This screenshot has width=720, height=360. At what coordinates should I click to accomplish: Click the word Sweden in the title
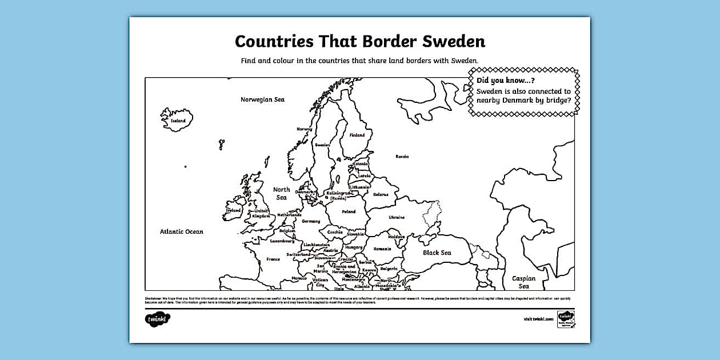click(x=452, y=41)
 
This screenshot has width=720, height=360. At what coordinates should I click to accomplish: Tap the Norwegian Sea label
click(x=262, y=99)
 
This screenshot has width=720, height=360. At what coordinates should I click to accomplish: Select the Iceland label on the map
click(x=178, y=121)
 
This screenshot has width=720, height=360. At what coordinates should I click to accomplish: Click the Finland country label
click(x=357, y=135)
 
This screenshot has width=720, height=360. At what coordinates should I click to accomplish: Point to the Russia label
click(x=402, y=156)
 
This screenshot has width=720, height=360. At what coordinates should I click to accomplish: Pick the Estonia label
click(x=361, y=164)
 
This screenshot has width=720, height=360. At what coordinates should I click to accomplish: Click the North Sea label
click(x=281, y=193)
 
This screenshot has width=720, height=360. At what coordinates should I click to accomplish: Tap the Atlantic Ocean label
click(x=181, y=231)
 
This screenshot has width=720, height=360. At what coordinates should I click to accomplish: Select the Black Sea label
click(x=437, y=253)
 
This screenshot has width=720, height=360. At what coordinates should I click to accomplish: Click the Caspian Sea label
click(x=523, y=282)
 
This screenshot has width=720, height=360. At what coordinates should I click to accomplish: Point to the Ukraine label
click(x=397, y=217)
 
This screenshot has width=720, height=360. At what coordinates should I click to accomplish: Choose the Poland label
click(x=349, y=211)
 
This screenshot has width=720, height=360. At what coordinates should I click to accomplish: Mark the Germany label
click(x=311, y=221)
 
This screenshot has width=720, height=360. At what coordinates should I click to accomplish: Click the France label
click(x=273, y=259)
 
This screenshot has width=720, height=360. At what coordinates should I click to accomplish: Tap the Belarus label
click(x=381, y=194)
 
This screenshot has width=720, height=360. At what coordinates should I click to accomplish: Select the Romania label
click(x=382, y=249)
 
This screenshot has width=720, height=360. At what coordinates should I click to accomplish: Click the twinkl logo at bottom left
click(x=158, y=318)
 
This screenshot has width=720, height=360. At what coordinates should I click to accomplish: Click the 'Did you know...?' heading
click(x=501, y=81)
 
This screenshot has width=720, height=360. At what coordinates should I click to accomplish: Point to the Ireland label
click(x=233, y=210)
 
